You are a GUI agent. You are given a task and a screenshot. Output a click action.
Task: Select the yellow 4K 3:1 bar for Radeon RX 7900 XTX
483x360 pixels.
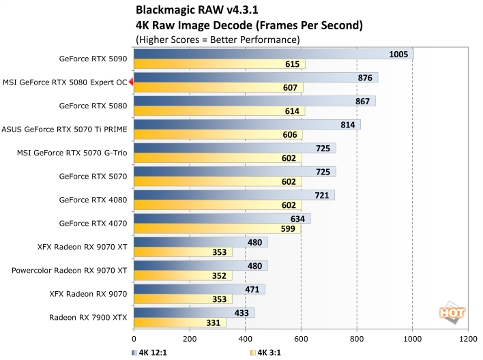[180, 322]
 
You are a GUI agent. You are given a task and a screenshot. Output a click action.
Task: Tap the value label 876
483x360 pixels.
[365, 78]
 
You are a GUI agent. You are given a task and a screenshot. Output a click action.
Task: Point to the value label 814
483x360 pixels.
[347, 125]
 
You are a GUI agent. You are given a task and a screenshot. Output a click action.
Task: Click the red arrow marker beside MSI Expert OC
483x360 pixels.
[131, 82]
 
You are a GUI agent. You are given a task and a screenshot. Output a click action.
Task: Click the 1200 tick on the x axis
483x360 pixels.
[467, 337]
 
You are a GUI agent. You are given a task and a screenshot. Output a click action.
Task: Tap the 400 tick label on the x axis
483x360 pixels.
[245, 337]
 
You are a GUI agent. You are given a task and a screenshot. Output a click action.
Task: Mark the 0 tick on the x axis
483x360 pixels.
[134, 337]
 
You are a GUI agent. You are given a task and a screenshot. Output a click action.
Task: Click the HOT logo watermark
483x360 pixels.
[453, 313]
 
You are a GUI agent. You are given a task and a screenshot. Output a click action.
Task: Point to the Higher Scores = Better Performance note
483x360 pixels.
[218, 40]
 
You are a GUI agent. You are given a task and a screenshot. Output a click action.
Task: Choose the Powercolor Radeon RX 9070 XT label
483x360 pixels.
[70, 271]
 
